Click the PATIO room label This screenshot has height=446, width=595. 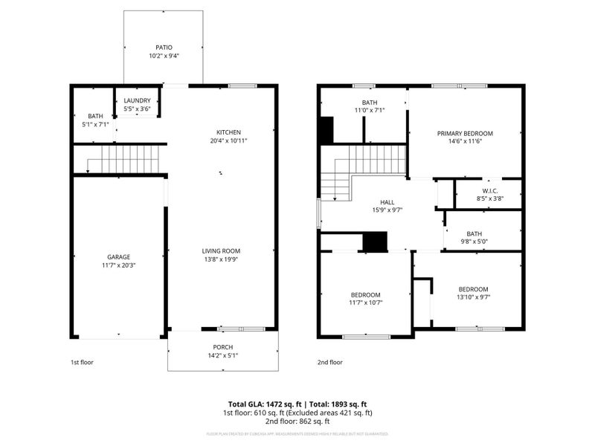click(x=164, y=48)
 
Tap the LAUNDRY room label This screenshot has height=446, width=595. click(x=137, y=100)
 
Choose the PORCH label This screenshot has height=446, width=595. click(x=223, y=346)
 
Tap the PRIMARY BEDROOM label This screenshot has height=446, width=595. click(x=465, y=133)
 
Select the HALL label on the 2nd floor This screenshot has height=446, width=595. click(x=388, y=201)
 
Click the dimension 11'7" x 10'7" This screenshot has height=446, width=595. click(x=366, y=303)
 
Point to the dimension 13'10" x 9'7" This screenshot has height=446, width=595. click(x=473, y=297)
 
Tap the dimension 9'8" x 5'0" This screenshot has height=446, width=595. click(x=483, y=241)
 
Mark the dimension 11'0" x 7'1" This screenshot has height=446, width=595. click(x=370, y=110)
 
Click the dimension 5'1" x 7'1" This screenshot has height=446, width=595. click(x=95, y=124)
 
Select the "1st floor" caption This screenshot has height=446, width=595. click(x=82, y=363)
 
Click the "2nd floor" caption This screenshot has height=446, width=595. click(x=330, y=363)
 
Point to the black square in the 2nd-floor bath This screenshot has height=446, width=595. click(x=326, y=131)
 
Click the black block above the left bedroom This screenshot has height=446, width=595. click(x=375, y=242)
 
